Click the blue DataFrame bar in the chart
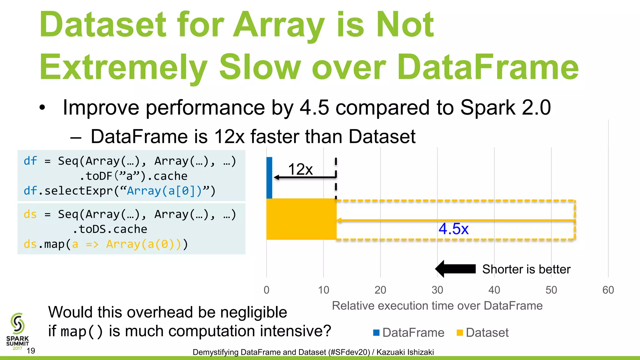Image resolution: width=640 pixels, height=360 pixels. [x=269, y=177]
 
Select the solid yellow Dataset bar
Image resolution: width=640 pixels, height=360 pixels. [x=301, y=219]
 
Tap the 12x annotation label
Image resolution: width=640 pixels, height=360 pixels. [x=300, y=169]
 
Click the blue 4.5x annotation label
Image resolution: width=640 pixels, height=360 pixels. [x=453, y=229]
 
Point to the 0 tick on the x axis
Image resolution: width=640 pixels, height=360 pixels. [x=266, y=290]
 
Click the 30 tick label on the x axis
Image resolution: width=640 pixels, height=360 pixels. [x=437, y=290]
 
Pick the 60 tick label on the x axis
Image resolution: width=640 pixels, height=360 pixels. [x=608, y=290]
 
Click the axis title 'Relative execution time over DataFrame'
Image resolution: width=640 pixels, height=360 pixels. [x=437, y=306]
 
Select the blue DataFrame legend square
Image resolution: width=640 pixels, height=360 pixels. [x=376, y=332]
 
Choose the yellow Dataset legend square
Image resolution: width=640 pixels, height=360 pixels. [x=459, y=332]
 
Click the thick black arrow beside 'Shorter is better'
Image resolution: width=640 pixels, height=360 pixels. [x=455, y=269]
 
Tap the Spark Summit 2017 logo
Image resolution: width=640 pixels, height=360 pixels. [x=17, y=331]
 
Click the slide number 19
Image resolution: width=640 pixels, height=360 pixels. [x=31, y=351]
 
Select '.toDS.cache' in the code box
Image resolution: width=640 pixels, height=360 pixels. [x=110, y=229]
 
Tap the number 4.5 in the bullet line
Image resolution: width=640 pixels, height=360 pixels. [x=314, y=107]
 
